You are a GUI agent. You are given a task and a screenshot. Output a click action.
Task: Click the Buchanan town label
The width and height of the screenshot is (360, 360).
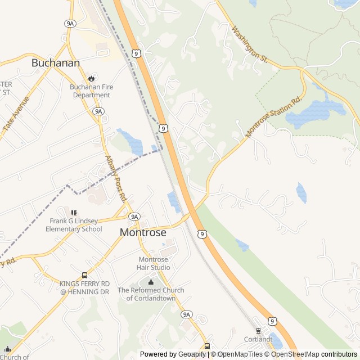(x=56, y=63)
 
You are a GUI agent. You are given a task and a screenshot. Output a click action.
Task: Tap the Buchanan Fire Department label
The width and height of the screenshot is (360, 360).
(x=90, y=91)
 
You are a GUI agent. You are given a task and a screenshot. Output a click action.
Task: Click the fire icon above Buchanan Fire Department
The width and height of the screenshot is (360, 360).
(x=91, y=78)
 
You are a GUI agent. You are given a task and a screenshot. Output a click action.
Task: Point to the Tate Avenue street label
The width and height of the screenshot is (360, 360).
(x=16, y=114)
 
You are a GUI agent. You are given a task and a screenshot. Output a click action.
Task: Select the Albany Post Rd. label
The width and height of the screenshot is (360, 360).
(x=115, y=179)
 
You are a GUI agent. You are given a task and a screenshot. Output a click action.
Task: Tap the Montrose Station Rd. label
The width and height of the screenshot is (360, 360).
(x=274, y=117)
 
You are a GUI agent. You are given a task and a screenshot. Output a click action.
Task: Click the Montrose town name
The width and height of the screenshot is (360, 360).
(x=143, y=232)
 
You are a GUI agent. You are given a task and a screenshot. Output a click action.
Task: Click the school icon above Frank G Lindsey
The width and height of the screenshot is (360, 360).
(x=74, y=213)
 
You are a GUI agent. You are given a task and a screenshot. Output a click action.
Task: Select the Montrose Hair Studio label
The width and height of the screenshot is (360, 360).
(x=153, y=263)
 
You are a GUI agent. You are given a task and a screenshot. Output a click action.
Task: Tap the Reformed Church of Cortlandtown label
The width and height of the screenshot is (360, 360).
(x=151, y=294)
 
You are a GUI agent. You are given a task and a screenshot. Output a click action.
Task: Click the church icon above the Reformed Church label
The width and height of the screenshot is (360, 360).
(x=150, y=282)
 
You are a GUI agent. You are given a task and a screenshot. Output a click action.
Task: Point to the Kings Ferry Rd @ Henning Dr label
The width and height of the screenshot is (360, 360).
(x=84, y=287)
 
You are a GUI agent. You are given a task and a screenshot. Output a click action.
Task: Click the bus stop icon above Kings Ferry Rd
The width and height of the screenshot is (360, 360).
(x=84, y=276)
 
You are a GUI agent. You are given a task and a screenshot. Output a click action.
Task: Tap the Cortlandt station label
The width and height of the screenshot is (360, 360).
(x=258, y=340)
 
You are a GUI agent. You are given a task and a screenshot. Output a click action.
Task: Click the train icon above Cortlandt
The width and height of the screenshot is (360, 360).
(x=258, y=331)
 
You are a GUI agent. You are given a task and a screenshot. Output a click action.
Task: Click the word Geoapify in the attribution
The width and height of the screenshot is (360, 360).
(x=192, y=354)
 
